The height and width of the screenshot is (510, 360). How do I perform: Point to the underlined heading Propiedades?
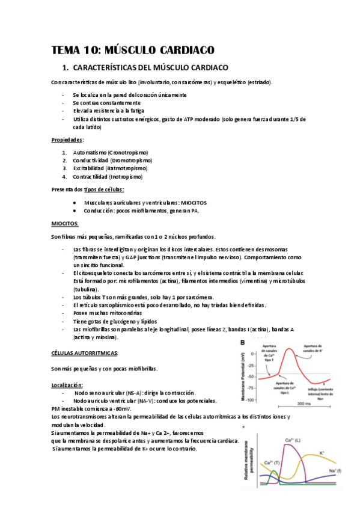67,140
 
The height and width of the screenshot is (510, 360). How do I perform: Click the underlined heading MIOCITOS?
66,223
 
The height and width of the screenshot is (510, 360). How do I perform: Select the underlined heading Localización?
67,384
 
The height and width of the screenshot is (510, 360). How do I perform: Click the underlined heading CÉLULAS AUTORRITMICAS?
85,353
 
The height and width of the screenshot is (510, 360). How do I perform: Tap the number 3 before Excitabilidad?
64,169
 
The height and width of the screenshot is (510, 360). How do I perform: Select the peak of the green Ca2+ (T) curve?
273,472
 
